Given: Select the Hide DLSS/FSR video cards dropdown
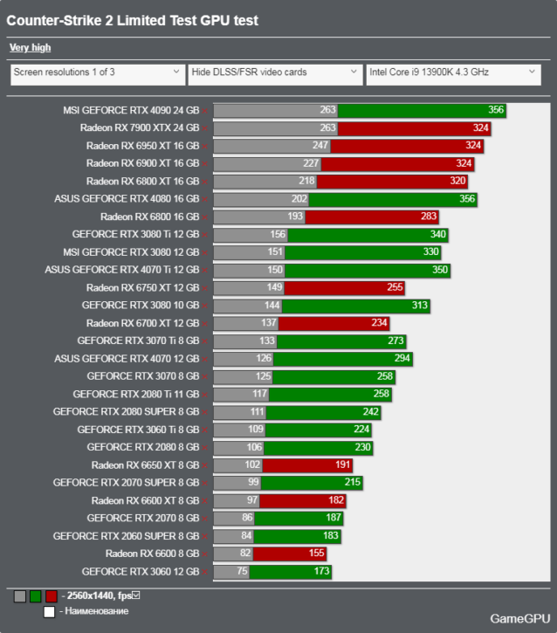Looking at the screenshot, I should point(274,72).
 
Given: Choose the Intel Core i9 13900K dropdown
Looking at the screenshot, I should point(452,72).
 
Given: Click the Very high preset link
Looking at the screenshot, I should point(30,48).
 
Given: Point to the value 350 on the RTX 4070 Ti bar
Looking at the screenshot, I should point(439,270).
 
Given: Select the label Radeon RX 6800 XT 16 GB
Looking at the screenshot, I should point(142,182).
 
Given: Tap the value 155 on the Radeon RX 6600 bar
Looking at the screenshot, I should point(315,554).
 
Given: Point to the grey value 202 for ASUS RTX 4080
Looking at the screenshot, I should point(299,199).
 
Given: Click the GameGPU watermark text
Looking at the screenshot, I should point(519,618).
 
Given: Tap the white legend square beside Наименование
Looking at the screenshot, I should point(49,611).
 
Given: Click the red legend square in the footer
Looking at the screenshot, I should point(52,596).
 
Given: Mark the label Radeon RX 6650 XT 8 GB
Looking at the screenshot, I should point(145,465).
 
